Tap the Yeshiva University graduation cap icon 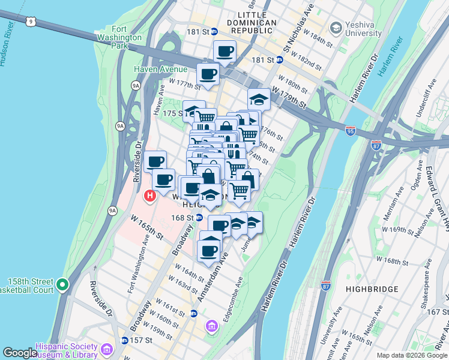coord(335,28)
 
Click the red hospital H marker coord(149,196)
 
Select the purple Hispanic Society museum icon coord(106,349)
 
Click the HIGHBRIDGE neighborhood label coord(372,289)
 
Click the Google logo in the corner coord(20,353)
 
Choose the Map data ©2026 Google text coord(412,355)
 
